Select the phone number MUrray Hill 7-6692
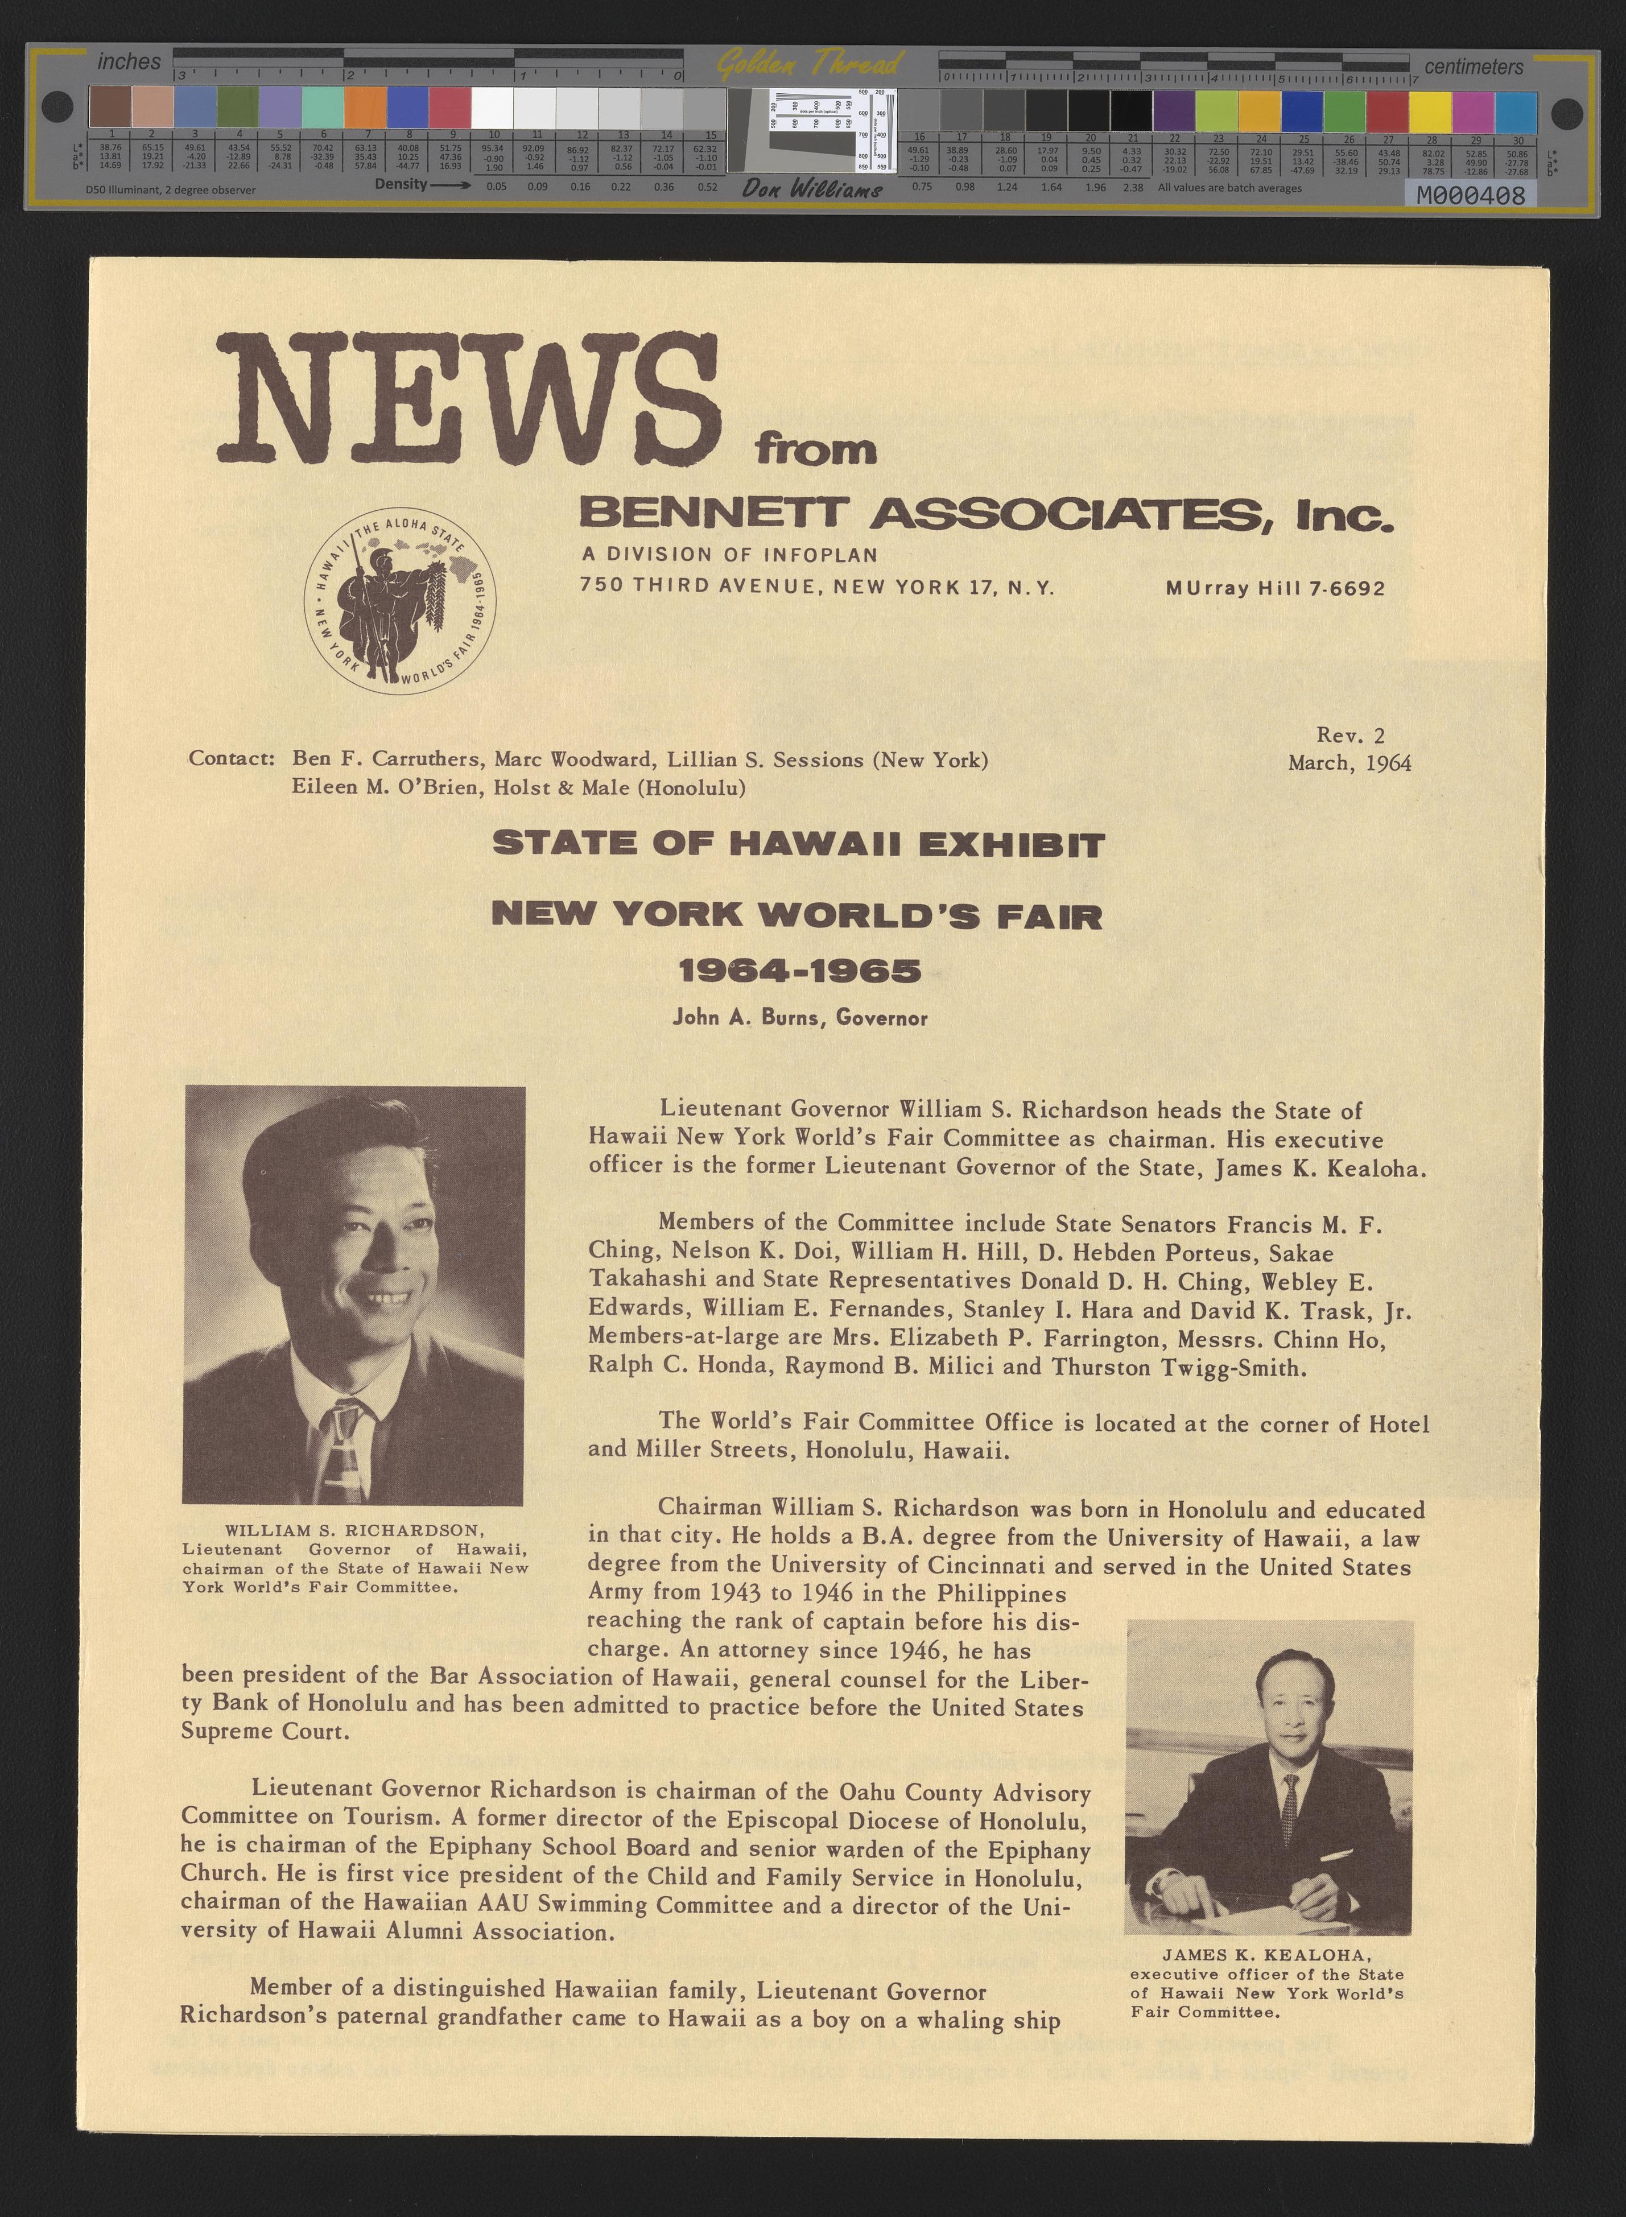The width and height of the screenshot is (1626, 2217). click(1274, 588)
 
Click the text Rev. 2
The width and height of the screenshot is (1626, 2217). click(1350, 734)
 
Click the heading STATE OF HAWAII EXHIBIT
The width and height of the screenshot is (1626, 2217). click(798, 844)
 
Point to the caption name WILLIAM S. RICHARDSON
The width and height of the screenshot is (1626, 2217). click(354, 1530)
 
